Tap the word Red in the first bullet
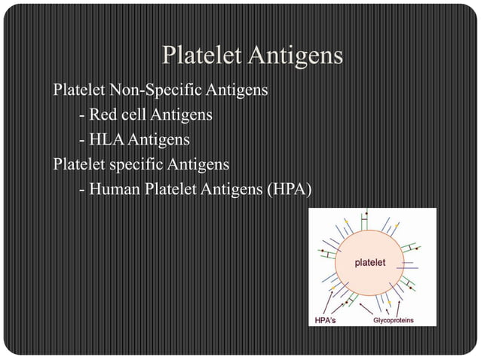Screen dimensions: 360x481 point(103,116)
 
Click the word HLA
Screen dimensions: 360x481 point(106,140)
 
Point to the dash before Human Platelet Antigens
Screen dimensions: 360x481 point(81,189)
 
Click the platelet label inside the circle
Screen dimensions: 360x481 point(370,263)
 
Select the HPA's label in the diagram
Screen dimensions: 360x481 point(326,320)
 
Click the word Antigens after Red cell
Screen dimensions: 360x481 point(181,116)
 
